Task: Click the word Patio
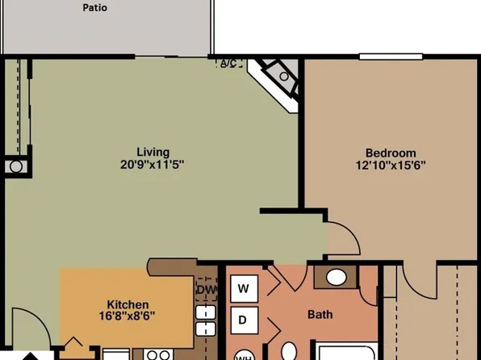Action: point(95,8)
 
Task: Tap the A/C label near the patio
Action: point(228,64)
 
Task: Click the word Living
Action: point(153,152)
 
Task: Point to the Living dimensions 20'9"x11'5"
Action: point(153,164)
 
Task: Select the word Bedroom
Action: point(391,153)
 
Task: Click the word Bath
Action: point(320,315)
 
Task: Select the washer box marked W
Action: point(243,288)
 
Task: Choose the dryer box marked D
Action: point(243,320)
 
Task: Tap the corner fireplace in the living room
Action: point(279,78)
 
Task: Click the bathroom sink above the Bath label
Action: point(337,278)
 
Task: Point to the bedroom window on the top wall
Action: point(391,56)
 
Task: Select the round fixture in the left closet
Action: point(16,167)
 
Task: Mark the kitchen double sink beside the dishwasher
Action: point(204,321)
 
